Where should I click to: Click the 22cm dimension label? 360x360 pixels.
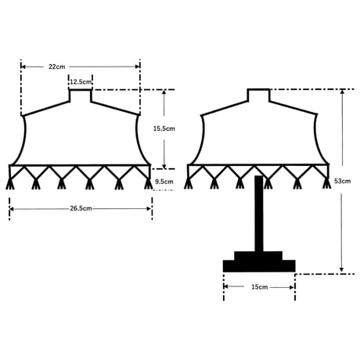pos(57,67)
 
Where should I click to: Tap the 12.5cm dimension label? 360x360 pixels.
pos(81,82)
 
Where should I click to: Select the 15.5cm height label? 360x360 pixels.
pos(164,128)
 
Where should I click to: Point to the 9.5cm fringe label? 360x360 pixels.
pos(164,182)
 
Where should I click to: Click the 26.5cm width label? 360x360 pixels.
pos(81,208)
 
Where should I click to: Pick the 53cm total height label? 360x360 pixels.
pos(343,181)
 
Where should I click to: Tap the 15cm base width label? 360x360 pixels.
pos(260,287)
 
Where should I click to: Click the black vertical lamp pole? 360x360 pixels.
pos(259,214)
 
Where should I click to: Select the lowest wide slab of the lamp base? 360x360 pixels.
pos(259,266)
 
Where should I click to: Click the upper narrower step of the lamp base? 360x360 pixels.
pos(258,256)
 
